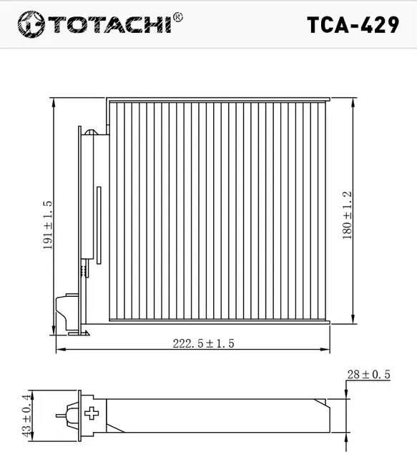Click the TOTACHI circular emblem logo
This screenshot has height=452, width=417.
[x=30, y=24]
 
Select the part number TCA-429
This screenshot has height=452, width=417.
[x=353, y=25]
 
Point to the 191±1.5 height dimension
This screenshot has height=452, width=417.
[x=48, y=223]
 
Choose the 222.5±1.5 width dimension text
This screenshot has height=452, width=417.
[x=204, y=343]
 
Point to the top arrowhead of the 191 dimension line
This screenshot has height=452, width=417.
[x=55, y=100]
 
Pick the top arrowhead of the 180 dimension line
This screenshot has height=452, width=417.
[x=353, y=101]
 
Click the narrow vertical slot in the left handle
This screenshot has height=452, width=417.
[x=99, y=222]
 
